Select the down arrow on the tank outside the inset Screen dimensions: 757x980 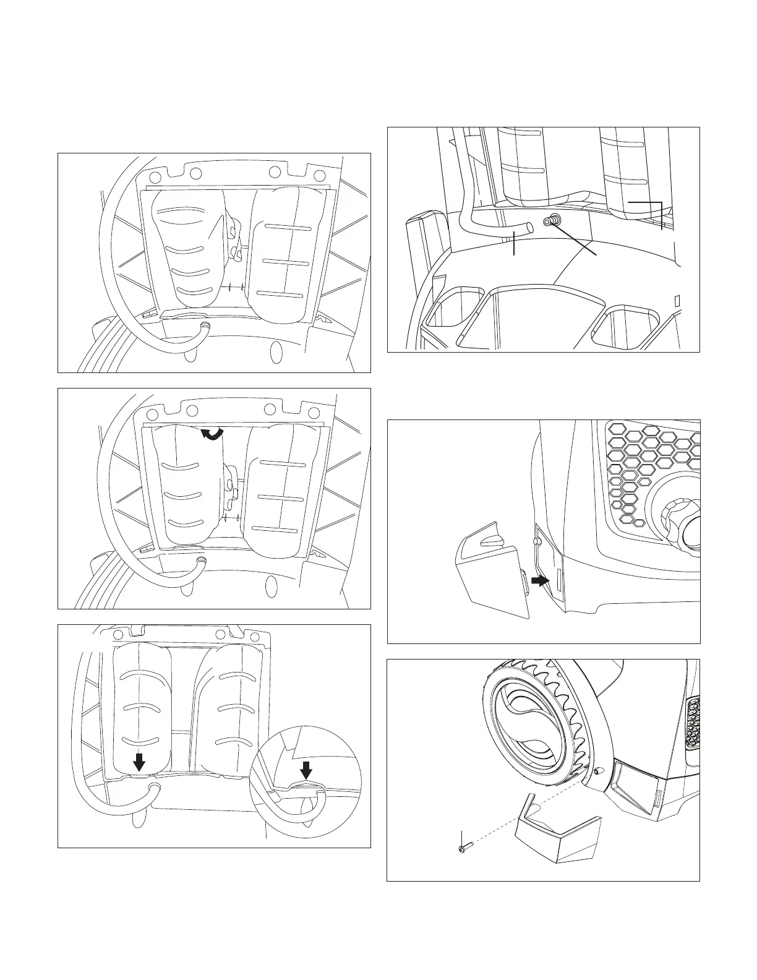140,763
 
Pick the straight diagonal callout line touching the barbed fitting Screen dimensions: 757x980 575,239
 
